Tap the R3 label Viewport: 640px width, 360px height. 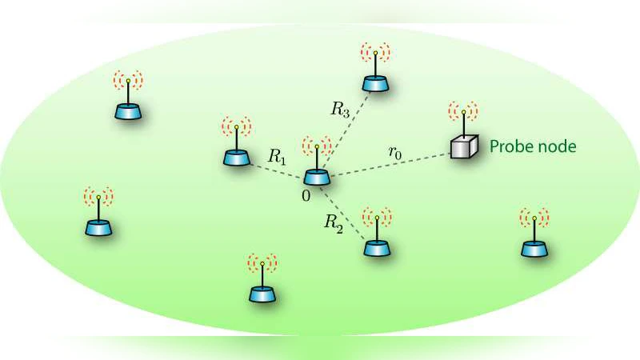coord(340,110)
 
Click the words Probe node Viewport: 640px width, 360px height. coord(532,147)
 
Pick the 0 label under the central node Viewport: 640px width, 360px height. coord(306,194)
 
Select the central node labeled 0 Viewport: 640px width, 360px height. coord(317,178)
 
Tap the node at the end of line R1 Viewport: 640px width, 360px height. coord(236,157)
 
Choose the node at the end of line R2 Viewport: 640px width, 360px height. coord(376,246)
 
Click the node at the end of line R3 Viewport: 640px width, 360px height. coord(374,83)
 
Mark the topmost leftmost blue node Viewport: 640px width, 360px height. coord(127,110)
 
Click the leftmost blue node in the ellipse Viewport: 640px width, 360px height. coord(98,226)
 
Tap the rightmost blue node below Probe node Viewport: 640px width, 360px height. coord(534,247)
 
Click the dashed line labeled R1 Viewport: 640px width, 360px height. coord(276,169)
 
